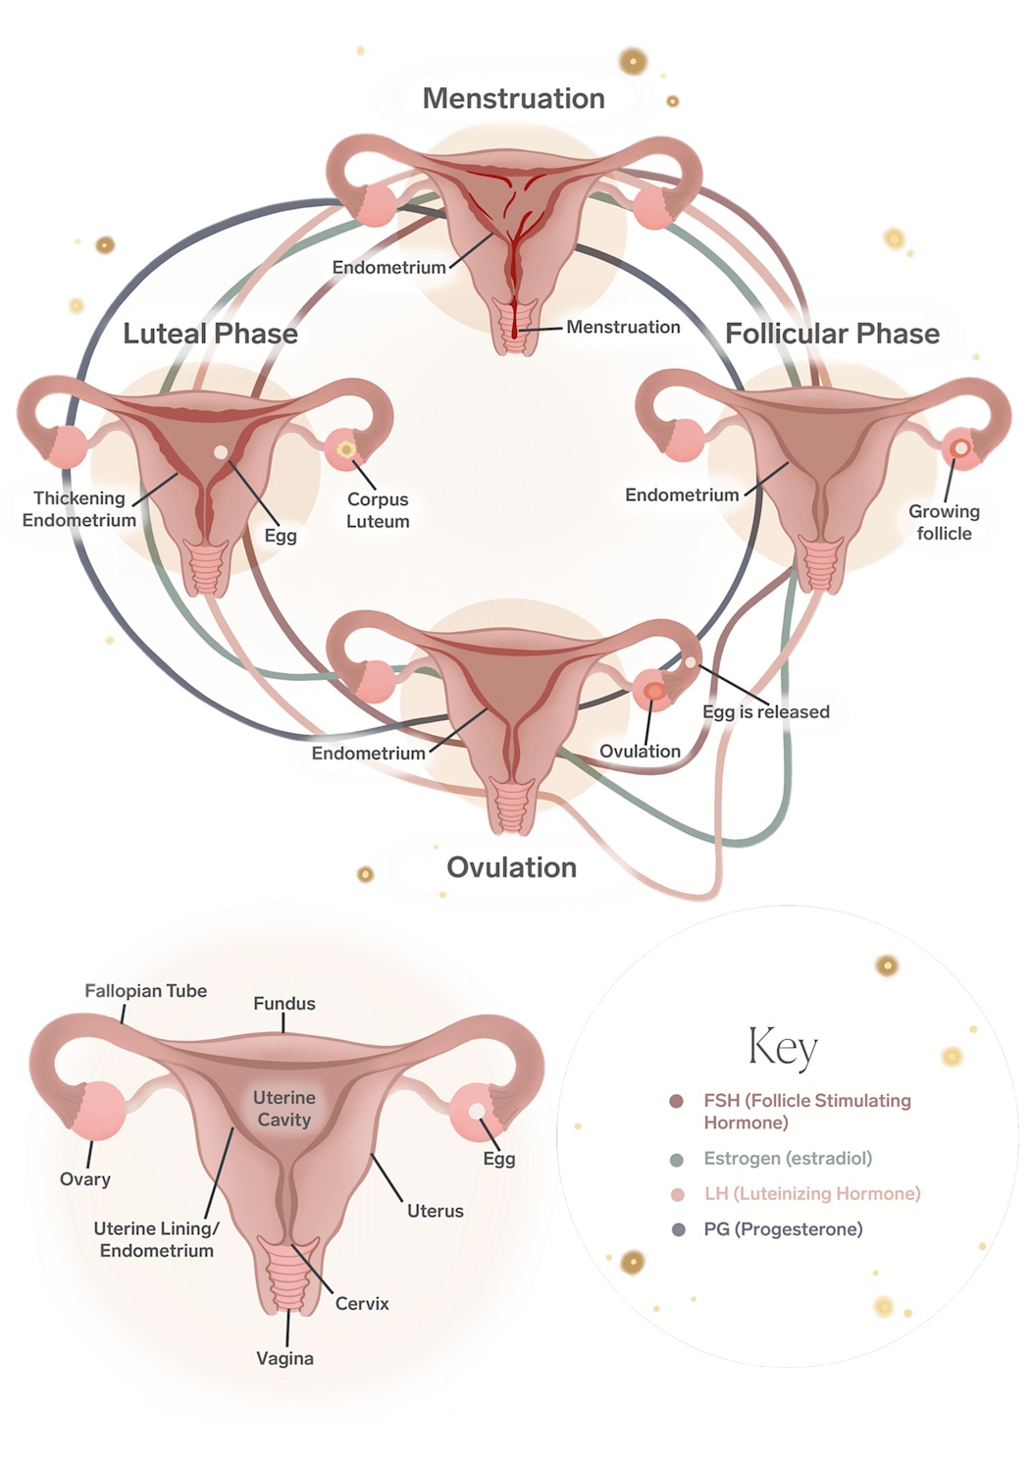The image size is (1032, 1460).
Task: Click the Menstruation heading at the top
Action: [513, 98]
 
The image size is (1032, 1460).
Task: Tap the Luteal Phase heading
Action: [210, 334]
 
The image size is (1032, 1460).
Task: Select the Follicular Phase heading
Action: [832, 334]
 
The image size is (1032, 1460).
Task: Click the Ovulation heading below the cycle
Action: [511, 867]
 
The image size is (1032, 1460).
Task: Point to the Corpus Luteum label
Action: [378, 510]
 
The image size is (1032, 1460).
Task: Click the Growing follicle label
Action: [944, 522]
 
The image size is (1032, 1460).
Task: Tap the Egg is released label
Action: [765, 711]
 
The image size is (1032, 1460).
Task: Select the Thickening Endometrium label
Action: [79, 509]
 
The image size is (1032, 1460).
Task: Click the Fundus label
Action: [284, 1003]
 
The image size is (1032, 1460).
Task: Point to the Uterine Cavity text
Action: [284, 1109]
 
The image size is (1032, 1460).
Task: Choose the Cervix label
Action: [362, 1303]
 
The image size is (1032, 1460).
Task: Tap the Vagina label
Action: [284, 1358]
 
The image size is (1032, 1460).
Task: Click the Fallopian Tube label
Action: [146, 991]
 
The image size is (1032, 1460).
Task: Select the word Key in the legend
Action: [782, 1047]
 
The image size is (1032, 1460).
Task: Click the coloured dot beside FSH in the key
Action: [676, 1101]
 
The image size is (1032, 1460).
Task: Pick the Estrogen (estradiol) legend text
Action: [788, 1158]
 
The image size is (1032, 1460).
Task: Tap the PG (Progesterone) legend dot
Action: [678, 1229]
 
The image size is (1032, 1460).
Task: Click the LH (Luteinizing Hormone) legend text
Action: [812, 1193]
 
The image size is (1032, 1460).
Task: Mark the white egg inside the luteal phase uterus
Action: [222, 452]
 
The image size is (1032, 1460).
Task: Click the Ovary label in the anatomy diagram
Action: [85, 1178]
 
